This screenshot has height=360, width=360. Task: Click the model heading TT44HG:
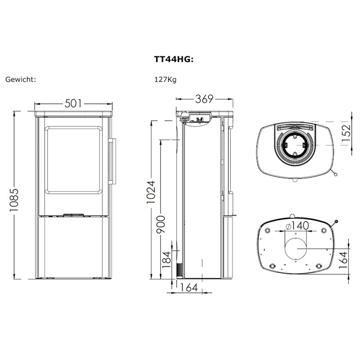[x=174, y=59]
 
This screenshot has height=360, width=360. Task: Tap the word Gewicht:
[x=21, y=80]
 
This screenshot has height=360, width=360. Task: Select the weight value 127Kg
[x=165, y=80]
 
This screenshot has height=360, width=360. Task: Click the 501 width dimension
[x=73, y=103]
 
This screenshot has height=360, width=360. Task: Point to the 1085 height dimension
[x=14, y=200]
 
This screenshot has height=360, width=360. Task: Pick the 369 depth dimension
[x=204, y=99]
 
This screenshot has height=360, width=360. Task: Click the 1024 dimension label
[x=151, y=193]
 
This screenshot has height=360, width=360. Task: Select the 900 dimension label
[x=161, y=224]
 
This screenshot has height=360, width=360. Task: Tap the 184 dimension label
[x=167, y=260]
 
